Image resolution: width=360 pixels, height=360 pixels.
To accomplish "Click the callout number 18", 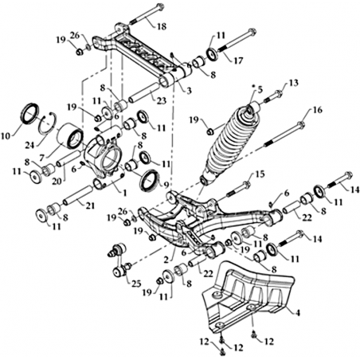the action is pos(161,26).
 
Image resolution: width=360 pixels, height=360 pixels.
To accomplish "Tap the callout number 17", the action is pos(238,61).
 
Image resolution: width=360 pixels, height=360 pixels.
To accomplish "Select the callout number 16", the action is pos(317,110).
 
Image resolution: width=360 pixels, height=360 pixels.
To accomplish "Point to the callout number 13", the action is pos(293,83).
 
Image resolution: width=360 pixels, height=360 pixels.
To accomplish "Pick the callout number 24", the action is pos(30,145).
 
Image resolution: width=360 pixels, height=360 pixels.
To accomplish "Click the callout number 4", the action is pos(298,313).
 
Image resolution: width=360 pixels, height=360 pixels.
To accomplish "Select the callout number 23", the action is pos(162,100).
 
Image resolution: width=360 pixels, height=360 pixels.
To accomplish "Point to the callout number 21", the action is pos(90,206).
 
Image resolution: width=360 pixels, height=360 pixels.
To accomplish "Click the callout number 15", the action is pos(260,174).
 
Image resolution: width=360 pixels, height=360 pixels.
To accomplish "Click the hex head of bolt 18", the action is pos(159,6).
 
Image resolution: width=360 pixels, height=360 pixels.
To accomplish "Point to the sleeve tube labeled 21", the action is pos(78,195).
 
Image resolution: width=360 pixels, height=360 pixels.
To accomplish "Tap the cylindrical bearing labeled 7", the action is pos(70,135).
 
